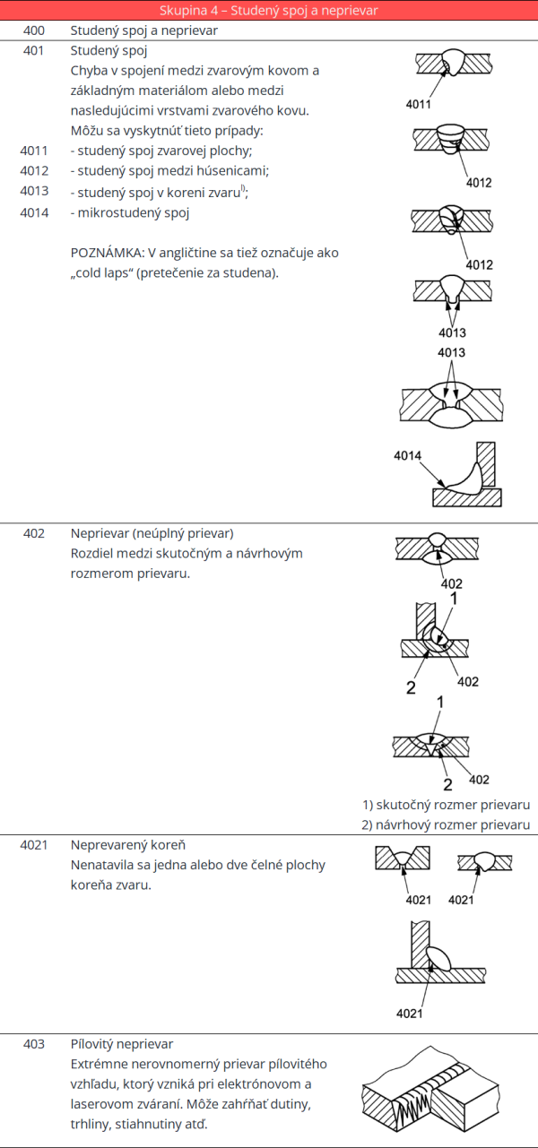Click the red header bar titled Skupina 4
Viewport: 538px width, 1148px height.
point(269,11)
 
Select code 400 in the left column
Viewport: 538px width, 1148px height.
point(33,30)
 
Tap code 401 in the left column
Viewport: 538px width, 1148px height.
point(33,50)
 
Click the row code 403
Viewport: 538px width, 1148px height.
point(33,1044)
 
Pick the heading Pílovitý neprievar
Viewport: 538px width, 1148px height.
point(122,1044)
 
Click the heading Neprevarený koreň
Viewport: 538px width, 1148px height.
point(128,845)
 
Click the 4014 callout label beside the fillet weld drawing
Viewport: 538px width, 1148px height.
point(407,456)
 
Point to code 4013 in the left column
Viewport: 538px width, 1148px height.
point(33,192)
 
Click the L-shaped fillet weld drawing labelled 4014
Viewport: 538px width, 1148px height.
point(466,475)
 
